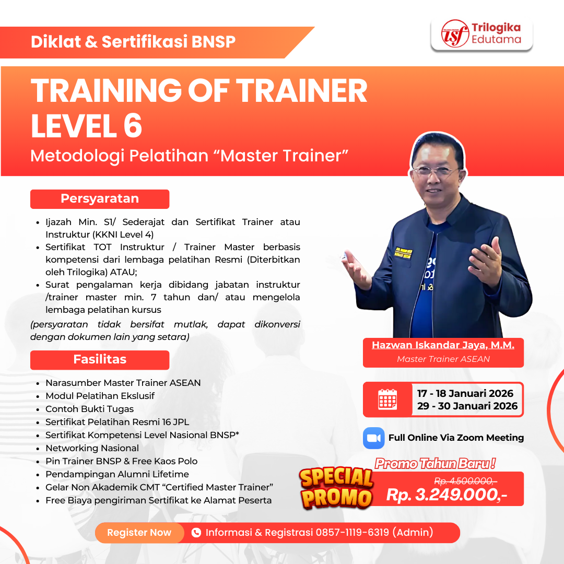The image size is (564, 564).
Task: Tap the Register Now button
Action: coord(139,533)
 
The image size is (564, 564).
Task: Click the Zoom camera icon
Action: coord(373,438)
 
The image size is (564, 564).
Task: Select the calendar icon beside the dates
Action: coord(387,399)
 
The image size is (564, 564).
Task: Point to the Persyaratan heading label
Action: coord(100,199)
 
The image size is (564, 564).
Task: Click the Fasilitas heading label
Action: coord(100,360)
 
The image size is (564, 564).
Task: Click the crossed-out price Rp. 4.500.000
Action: coord(465,480)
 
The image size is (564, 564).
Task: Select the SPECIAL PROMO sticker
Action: coord(336,487)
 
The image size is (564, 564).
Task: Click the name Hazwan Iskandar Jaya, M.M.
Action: coord(443,345)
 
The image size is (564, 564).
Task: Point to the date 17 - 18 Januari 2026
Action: coord(465,393)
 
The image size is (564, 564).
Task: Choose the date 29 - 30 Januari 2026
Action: coord(467,406)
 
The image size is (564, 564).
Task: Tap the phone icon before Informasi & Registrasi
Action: coord(196,533)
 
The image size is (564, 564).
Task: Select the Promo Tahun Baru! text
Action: coord(435,463)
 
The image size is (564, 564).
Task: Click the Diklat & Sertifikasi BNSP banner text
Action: coord(133,42)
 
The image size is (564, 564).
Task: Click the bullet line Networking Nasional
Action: coord(92,448)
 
